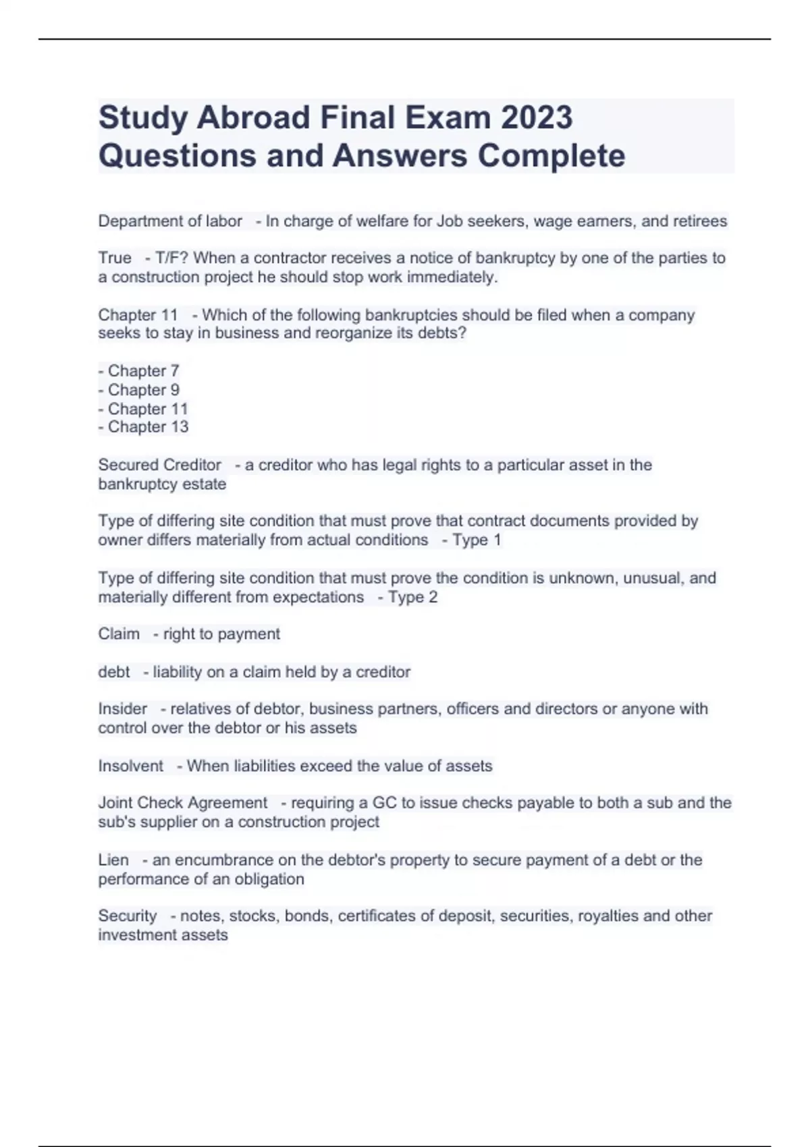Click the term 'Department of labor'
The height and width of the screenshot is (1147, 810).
point(170,221)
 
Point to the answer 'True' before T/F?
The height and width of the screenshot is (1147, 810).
point(115,258)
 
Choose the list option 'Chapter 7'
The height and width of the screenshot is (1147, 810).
point(143,371)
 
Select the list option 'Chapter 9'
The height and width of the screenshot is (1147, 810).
point(143,390)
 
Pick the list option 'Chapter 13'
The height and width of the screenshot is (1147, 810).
point(148,427)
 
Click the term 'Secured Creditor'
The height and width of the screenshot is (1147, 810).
point(159,465)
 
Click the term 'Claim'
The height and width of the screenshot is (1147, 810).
point(119,634)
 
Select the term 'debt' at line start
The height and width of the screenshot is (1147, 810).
point(114,672)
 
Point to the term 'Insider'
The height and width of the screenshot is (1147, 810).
point(122,709)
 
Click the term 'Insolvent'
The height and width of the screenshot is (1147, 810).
point(130,766)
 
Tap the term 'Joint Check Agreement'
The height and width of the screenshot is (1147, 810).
point(183,803)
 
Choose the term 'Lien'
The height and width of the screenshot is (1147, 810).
point(113,860)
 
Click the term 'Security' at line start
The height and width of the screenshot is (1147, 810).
point(127,916)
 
